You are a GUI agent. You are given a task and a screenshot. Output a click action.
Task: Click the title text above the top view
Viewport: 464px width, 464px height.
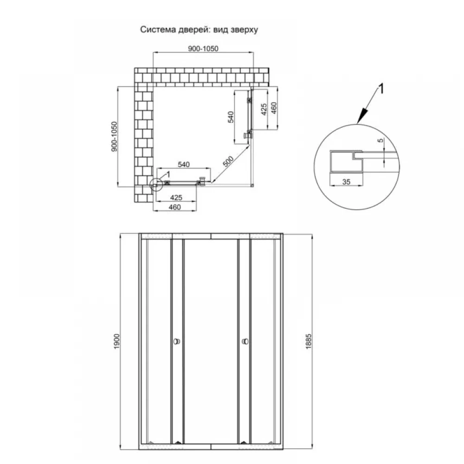click(199, 30)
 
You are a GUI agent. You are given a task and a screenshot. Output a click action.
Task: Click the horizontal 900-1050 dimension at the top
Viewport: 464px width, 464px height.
click(203, 49)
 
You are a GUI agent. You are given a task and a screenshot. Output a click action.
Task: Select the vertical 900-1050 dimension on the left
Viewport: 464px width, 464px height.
click(114, 137)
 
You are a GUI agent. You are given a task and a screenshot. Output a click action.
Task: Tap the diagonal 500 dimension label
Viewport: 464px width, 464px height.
click(228, 161)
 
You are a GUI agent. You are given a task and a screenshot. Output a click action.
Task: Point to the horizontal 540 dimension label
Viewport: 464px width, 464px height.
click(183, 165)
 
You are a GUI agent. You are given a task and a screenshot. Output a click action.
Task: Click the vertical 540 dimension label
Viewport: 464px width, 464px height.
click(231, 117)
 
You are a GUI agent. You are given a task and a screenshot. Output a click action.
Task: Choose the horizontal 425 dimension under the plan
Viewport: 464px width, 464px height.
click(176, 197)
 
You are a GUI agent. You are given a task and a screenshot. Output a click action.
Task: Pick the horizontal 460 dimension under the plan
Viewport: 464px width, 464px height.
click(174, 207)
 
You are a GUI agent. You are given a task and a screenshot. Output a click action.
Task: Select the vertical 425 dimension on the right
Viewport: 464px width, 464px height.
click(264, 109)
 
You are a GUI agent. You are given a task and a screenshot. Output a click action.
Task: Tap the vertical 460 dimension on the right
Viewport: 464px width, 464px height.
click(274, 108)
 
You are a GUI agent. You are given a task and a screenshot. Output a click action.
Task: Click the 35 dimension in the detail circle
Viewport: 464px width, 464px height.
click(346, 182)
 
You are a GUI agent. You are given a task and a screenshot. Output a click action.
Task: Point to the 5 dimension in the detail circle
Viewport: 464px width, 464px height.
click(380, 140)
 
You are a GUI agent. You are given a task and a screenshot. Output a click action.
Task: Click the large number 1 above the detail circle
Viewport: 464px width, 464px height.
click(381, 89)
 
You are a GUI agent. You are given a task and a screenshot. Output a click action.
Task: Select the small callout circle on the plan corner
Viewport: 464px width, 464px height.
click(156, 185)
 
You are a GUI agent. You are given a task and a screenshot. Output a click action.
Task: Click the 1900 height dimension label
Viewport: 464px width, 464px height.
click(117, 341)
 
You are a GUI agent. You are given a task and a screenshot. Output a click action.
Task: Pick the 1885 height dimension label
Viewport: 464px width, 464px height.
click(309, 342)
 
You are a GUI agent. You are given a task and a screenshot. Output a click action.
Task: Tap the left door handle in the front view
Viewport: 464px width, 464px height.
click(177, 342)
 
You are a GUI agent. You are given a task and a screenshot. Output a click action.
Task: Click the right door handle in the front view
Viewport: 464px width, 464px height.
click(245, 342)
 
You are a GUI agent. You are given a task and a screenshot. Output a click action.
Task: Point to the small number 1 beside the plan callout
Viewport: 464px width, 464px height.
click(168, 174)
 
